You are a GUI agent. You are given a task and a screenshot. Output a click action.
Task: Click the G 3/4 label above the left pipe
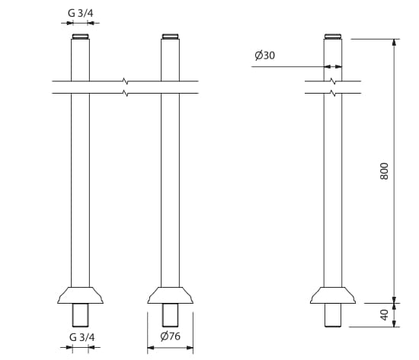point(80,13)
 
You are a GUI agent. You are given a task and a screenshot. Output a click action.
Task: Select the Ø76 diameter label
point(169,337)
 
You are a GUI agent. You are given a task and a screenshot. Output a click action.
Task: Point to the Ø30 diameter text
point(264,56)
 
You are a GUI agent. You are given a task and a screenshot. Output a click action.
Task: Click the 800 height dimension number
point(385,170)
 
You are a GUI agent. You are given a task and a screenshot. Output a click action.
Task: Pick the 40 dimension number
point(385,314)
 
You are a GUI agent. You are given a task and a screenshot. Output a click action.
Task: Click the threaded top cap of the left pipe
point(80,37)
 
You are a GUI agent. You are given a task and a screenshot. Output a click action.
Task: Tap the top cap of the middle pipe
point(171,37)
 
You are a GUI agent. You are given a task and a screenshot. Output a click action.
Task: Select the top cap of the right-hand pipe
point(333,37)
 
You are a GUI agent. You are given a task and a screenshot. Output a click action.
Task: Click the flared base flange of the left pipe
point(80,295)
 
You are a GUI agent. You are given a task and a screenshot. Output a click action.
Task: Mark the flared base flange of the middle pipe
point(171,295)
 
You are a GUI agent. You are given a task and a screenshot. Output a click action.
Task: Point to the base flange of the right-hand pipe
point(333,295)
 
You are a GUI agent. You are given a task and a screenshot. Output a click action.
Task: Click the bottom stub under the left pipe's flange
point(80,314)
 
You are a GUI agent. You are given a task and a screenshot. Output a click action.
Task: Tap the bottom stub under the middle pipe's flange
point(171,314)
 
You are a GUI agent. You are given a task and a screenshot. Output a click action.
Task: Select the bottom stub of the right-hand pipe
point(333,314)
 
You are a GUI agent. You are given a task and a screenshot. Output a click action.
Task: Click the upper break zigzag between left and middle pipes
point(124,80)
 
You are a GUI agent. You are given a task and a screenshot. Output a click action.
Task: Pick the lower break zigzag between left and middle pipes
point(124,93)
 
